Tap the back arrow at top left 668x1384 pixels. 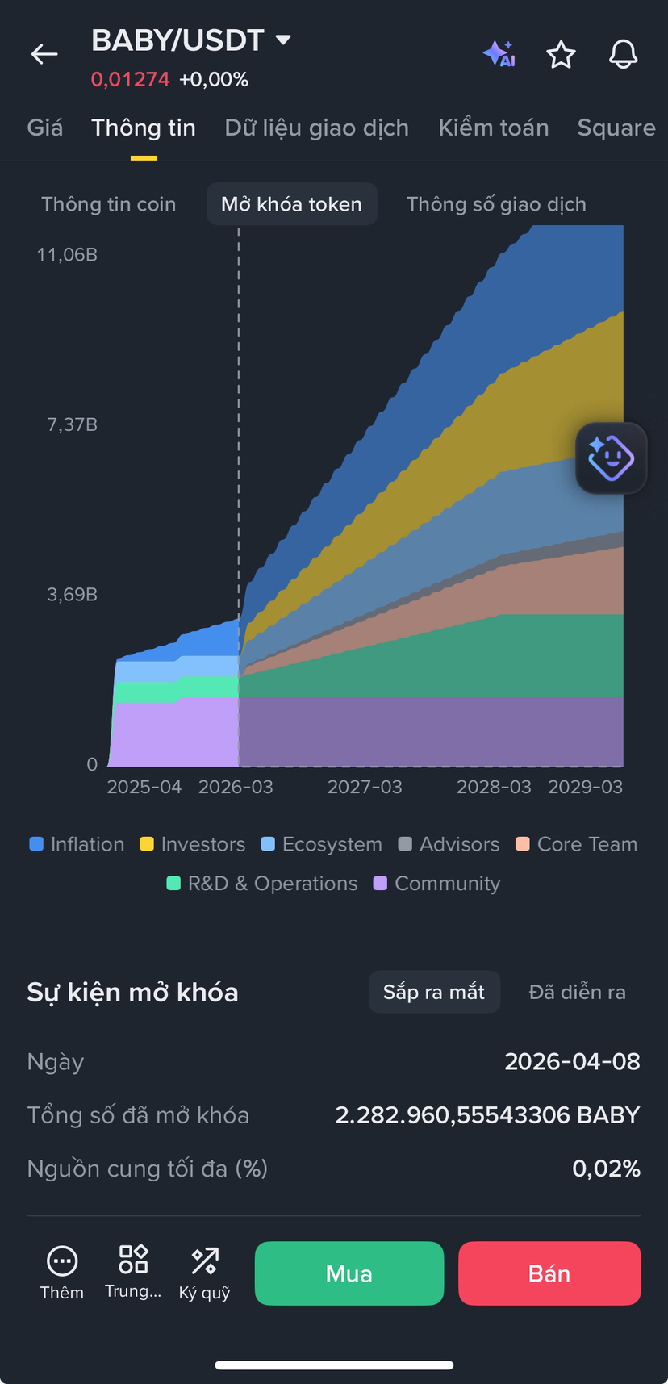pos(44,55)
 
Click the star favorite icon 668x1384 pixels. pos(561,55)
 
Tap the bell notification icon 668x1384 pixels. pos(623,55)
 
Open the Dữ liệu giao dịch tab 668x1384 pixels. pos(316,128)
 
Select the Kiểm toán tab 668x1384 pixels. pos(493,128)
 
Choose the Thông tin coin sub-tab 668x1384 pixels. pos(109,204)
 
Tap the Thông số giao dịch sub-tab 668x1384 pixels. pos(496,204)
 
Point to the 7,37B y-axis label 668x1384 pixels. pos(73,424)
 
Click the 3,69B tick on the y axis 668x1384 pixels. pos(73,595)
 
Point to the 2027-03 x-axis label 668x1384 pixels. pos(365,787)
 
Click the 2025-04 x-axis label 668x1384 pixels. pos(144,787)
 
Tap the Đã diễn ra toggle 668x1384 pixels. pos(577,992)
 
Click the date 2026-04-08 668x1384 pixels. pos(572,1061)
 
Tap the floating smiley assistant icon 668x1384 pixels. pos(611,458)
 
